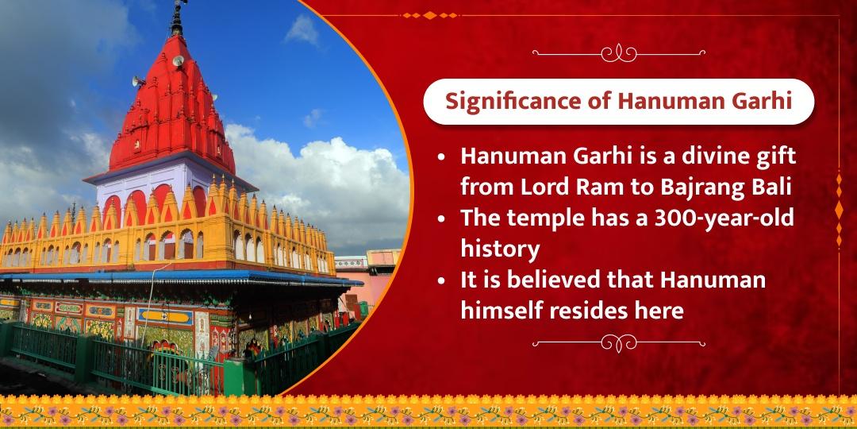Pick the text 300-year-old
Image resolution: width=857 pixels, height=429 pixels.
pos(731,219)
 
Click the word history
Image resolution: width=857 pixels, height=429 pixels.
pos(500,249)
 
